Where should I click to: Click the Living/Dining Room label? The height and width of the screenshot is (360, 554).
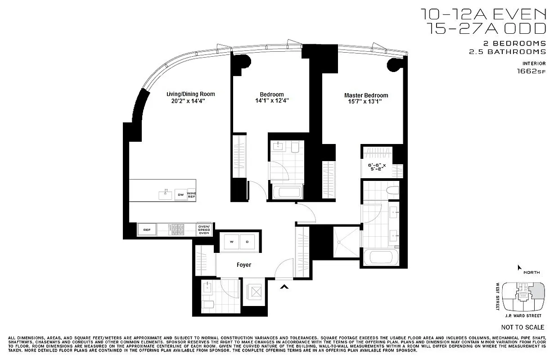[x=190, y=94]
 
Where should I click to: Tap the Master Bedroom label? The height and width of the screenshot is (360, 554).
[x=366, y=95]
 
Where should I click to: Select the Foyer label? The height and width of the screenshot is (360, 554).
[x=244, y=265]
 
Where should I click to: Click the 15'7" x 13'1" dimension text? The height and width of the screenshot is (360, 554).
[x=365, y=102]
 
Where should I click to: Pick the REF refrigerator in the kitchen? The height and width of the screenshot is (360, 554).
[x=147, y=230]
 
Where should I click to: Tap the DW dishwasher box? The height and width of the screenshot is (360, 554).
[x=180, y=195]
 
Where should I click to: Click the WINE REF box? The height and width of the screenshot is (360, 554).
[x=192, y=195]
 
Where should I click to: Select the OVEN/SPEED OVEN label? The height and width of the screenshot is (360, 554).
[x=204, y=230]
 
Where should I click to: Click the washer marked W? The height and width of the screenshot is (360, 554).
[x=232, y=242]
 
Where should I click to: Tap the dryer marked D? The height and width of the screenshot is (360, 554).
[x=247, y=242]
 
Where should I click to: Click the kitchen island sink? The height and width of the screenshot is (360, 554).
[x=165, y=195]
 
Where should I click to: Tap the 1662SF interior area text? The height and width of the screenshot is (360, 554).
[x=531, y=71]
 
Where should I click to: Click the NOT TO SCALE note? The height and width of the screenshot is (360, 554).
[x=522, y=327]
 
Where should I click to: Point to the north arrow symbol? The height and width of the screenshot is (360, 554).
[x=520, y=268]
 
